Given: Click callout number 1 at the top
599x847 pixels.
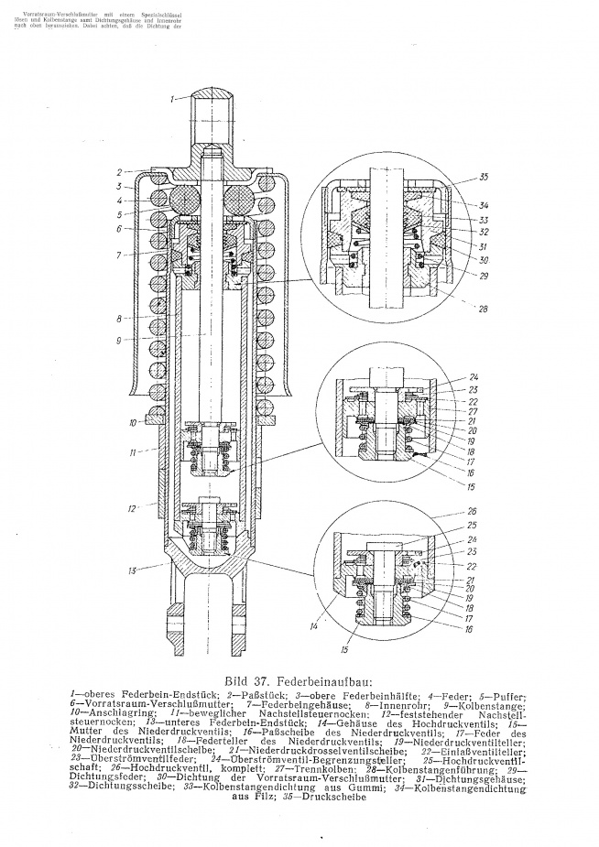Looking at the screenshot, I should coord(171,97).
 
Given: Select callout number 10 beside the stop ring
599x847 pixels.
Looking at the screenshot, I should coord(133,422).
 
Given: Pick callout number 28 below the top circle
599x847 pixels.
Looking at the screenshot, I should coord(484,309).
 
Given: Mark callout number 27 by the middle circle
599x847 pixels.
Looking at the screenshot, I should coord(473,411).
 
